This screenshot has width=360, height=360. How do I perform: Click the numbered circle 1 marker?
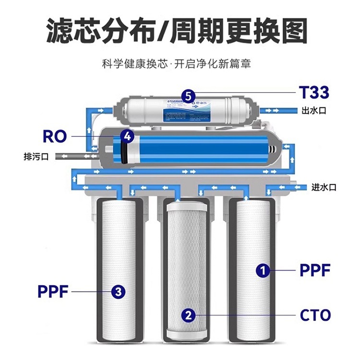click(x=262, y=270)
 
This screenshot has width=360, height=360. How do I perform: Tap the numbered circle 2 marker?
click(x=189, y=315)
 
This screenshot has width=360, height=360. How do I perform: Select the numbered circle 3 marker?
click(x=119, y=290)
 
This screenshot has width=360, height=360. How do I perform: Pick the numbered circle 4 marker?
click(x=127, y=136)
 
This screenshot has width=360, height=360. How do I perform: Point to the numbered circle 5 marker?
click(x=189, y=96)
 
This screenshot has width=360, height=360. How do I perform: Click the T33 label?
click(x=314, y=92)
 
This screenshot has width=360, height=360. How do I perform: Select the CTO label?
click(x=315, y=315)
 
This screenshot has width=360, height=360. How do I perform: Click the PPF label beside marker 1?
click(x=315, y=270)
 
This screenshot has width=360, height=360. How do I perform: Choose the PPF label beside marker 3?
click(x=53, y=290)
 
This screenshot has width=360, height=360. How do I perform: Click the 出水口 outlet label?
click(x=314, y=110)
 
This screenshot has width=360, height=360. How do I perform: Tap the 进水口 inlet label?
click(x=324, y=187)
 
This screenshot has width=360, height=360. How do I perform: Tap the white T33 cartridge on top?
click(x=185, y=109)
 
